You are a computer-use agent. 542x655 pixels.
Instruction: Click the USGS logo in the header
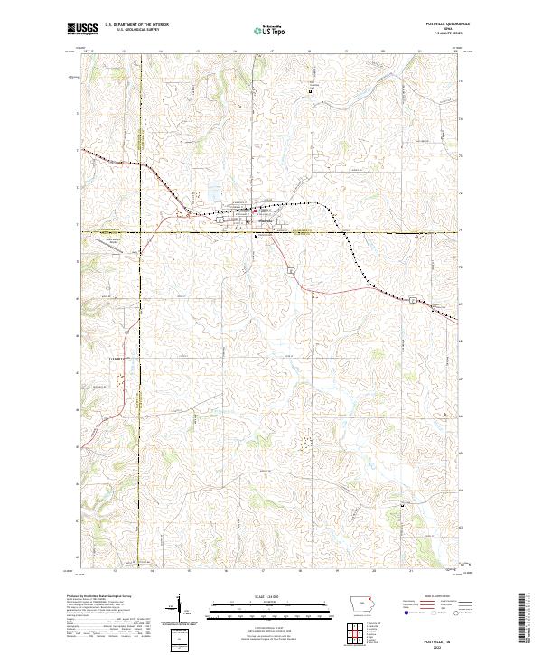tap(82, 30)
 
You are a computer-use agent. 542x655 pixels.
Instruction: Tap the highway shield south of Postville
tap(290, 270)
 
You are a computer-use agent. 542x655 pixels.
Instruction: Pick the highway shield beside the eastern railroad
tap(412, 299)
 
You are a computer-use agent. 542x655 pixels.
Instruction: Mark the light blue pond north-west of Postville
tap(213, 192)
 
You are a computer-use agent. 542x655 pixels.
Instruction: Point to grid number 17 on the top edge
tap(272, 51)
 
